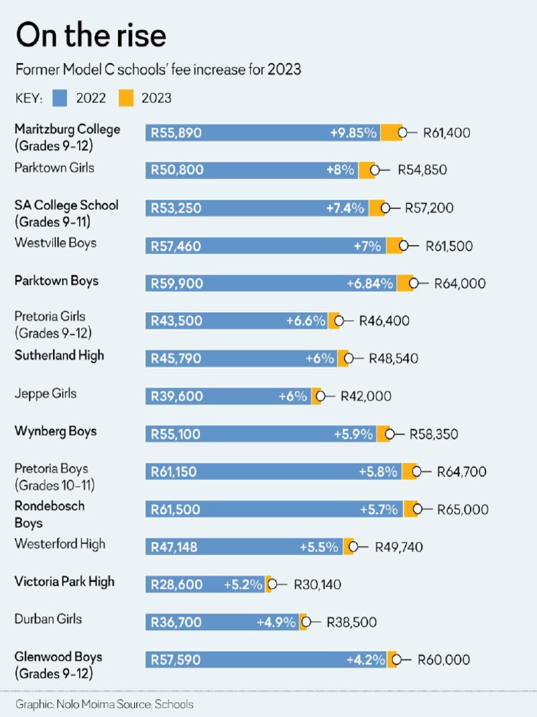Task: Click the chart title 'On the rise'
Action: click(91, 36)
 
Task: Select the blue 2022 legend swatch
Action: click(59, 98)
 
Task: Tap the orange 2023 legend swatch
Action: click(126, 98)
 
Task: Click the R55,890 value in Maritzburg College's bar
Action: click(176, 133)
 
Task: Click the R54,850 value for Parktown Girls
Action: click(422, 170)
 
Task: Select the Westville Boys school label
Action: click(55, 243)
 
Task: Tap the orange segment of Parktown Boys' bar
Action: click(404, 284)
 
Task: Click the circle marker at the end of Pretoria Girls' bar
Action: click(339, 321)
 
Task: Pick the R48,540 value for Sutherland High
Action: click(393, 358)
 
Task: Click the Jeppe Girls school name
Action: click(45, 394)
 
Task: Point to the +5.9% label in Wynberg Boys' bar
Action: click(353, 434)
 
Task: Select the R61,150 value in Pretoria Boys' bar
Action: click(174, 472)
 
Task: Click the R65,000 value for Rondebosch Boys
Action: click(462, 510)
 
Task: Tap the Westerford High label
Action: click(60, 544)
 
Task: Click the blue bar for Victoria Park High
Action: click(210, 585)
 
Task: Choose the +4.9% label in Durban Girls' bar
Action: click(276, 622)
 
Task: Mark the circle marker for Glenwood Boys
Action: click(396, 660)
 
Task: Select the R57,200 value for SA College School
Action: click(428, 208)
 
